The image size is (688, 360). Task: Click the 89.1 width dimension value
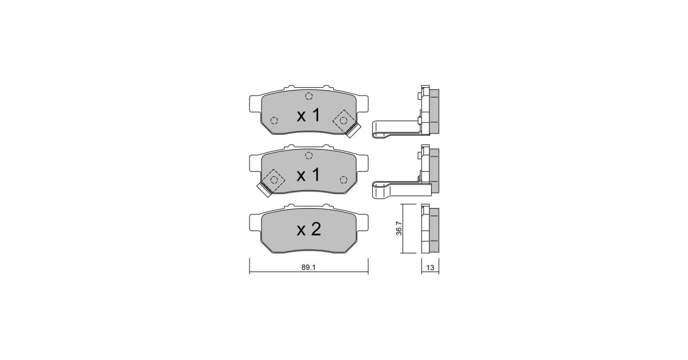tap(308, 267)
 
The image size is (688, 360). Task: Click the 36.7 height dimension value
tap(398, 229)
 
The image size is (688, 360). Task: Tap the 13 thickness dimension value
tap(430, 268)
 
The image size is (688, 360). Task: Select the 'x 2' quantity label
tap(308, 229)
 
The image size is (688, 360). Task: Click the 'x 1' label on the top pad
tap(308, 115)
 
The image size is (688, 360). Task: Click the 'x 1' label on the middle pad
tap(308, 175)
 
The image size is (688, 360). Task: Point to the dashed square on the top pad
tap(344, 120)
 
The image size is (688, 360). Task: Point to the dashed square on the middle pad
tap(274, 179)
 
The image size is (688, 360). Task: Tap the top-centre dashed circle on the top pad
tap(308, 96)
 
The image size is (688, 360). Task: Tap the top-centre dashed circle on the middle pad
tap(308, 155)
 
